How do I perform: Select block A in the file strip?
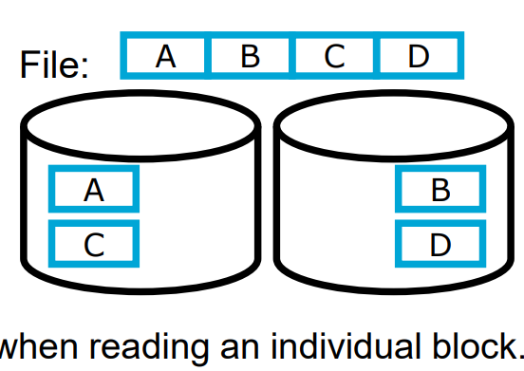click(x=166, y=57)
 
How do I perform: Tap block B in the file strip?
click(x=250, y=57)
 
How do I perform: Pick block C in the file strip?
click(x=333, y=57)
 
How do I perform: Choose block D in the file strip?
click(x=419, y=57)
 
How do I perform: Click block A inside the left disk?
click(x=94, y=190)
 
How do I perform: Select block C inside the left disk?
click(x=94, y=244)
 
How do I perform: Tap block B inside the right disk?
click(x=440, y=190)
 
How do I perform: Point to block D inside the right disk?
click(x=440, y=244)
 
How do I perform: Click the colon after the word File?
click(x=85, y=68)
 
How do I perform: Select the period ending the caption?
click(x=518, y=355)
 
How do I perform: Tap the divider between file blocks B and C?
click(x=292, y=57)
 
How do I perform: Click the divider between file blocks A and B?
click(x=208, y=57)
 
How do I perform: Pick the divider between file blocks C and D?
click(x=377, y=57)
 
